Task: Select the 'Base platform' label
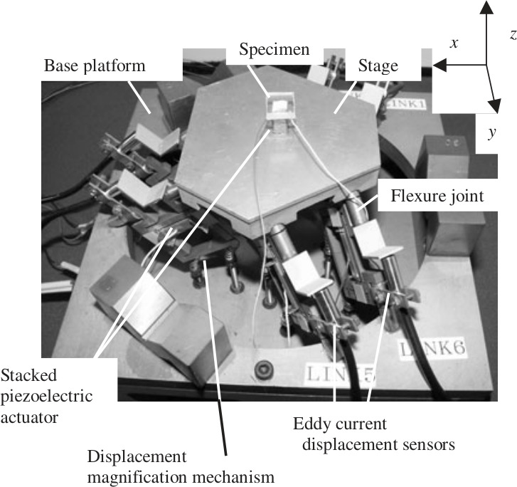tap(95, 66)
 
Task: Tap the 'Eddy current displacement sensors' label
tap(373, 434)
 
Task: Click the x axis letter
tap(454, 43)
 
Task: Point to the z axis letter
tap(512, 33)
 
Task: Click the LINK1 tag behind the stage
tap(407, 103)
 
